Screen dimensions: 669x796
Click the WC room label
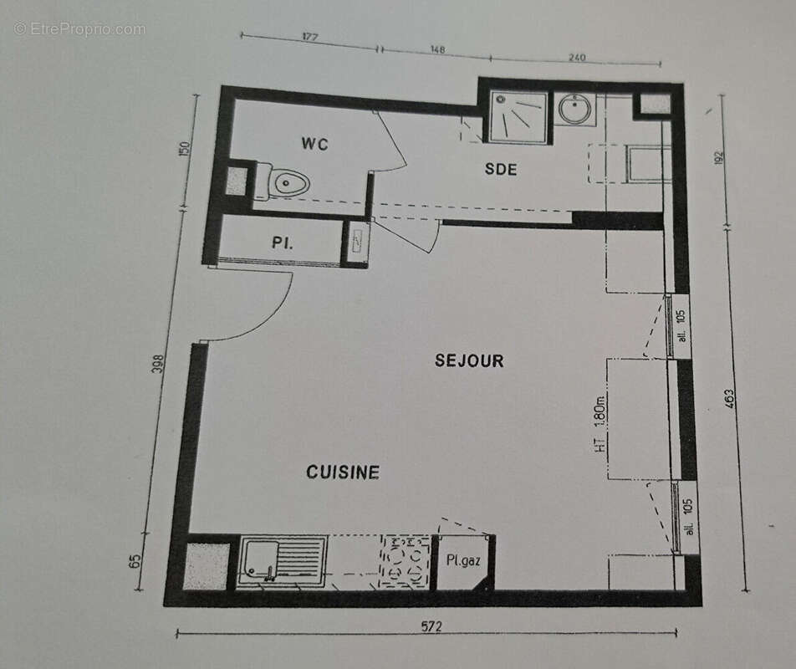(315, 144)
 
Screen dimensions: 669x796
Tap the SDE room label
(501, 169)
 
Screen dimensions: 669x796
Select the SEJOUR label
(469, 360)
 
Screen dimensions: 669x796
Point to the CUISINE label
(343, 472)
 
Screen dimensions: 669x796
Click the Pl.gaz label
(462, 560)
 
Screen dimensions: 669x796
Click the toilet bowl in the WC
(288, 181)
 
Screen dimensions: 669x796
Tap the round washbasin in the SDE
(576, 110)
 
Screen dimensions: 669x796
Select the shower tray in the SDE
(518, 118)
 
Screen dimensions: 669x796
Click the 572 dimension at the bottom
(431, 626)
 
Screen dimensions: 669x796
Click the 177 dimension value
(311, 38)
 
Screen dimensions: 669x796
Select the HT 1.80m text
(600, 424)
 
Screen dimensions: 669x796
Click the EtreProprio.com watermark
(79, 28)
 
